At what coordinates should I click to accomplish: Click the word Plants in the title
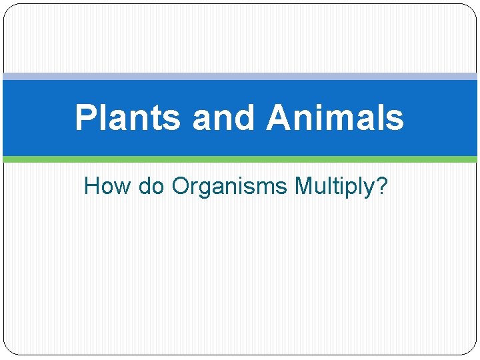(x=127, y=118)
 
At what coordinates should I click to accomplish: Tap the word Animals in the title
(x=335, y=118)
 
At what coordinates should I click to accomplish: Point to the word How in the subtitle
(x=108, y=187)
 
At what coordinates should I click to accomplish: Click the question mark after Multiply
(x=381, y=187)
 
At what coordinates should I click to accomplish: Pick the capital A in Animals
(x=279, y=118)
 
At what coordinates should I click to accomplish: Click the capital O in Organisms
(x=181, y=187)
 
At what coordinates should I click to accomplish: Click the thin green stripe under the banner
(x=240, y=159)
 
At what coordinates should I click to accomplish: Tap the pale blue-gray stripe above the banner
(x=240, y=77)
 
